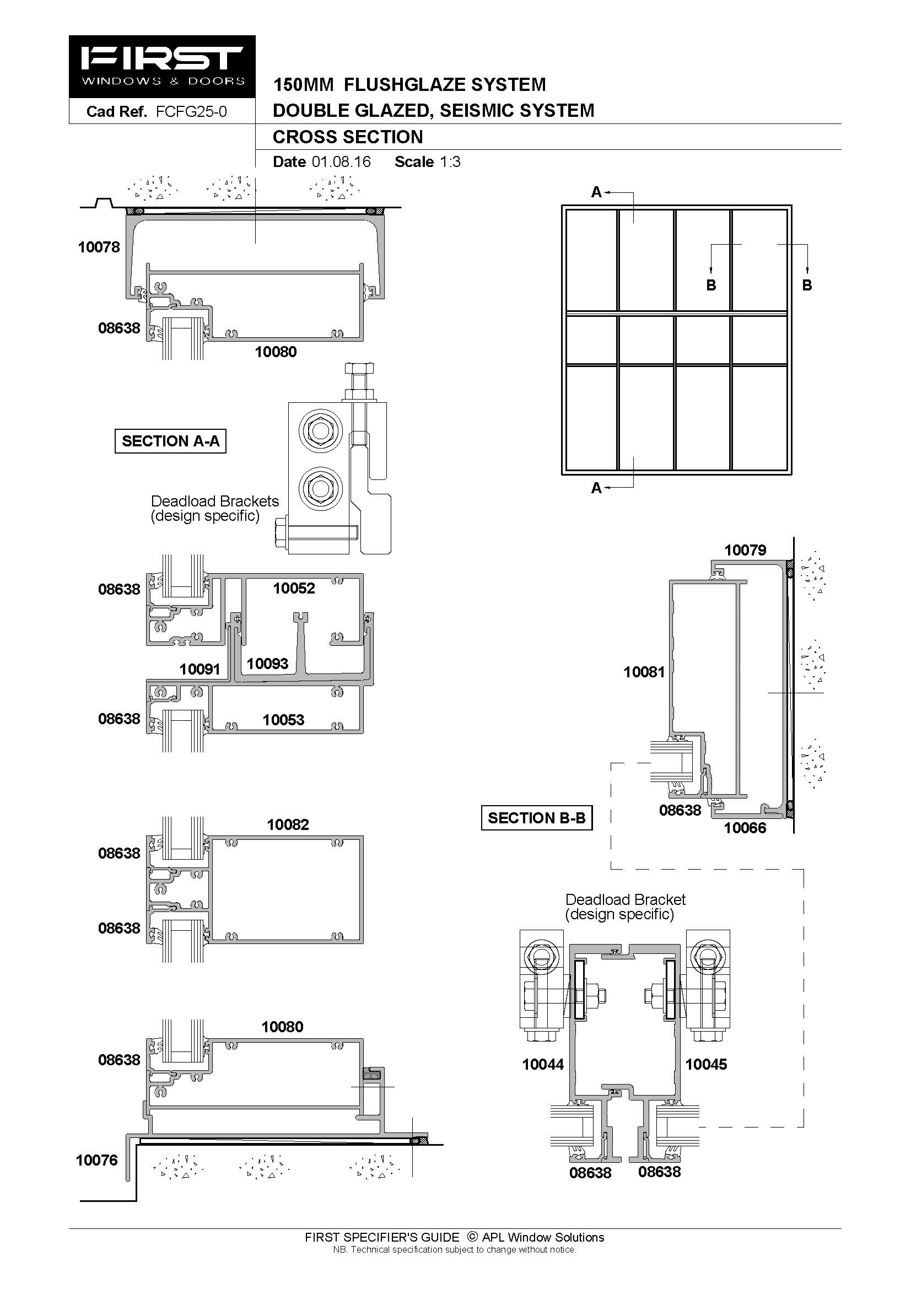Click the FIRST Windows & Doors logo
pyautogui.click(x=162, y=67)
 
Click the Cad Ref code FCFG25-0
pyautogui.click(x=191, y=112)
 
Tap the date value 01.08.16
pyautogui.click(x=341, y=161)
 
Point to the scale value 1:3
pyautogui.click(x=450, y=161)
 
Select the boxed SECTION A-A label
pyautogui.click(x=171, y=441)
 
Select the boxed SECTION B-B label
pyautogui.click(x=537, y=818)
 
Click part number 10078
pyautogui.click(x=99, y=247)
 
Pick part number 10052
pyautogui.click(x=294, y=589)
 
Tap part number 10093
pyautogui.click(x=268, y=664)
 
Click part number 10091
pyautogui.click(x=200, y=669)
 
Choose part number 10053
pyautogui.click(x=283, y=720)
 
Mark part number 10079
pyautogui.click(x=746, y=550)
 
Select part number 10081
pyautogui.click(x=644, y=671)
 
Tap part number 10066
pyautogui.click(x=745, y=828)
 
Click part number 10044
pyautogui.click(x=543, y=1065)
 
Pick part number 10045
pyautogui.click(x=706, y=1065)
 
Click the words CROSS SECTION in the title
pyautogui.click(x=348, y=137)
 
